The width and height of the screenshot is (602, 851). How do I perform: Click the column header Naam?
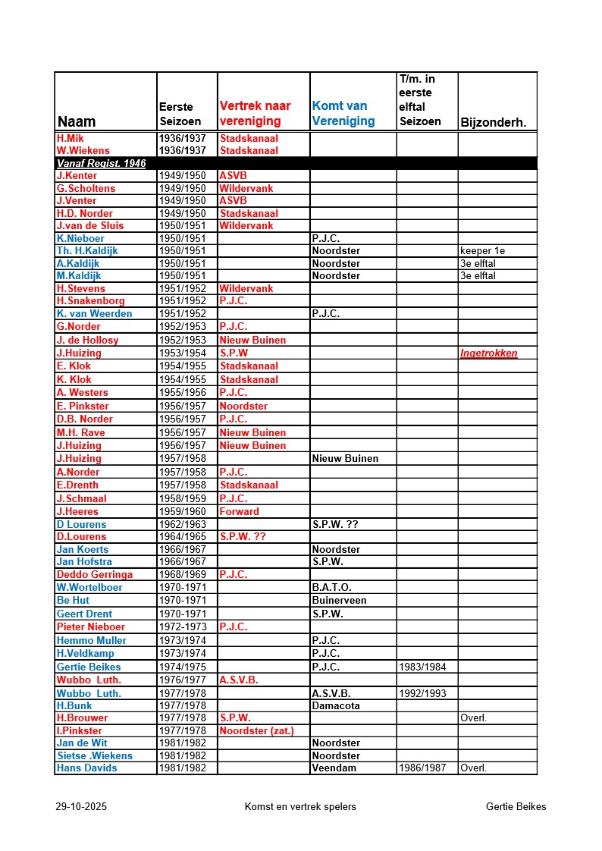(x=77, y=121)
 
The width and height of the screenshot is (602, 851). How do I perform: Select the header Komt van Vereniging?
(x=343, y=114)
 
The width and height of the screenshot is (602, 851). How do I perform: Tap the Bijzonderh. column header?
(x=493, y=122)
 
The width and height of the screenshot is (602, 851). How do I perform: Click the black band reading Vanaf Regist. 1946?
(x=102, y=163)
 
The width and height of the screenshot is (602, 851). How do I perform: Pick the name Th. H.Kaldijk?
(x=87, y=250)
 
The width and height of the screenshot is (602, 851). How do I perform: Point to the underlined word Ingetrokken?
(x=489, y=353)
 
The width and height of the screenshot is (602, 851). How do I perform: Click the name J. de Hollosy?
(x=88, y=341)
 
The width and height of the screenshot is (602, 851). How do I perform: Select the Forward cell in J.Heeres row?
(x=240, y=511)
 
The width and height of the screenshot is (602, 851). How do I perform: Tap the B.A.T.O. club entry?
(x=332, y=587)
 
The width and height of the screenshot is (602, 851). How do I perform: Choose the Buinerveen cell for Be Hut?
(x=339, y=600)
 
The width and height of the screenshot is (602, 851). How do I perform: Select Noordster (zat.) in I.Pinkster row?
(x=256, y=730)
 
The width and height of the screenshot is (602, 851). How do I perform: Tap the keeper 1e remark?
(x=483, y=250)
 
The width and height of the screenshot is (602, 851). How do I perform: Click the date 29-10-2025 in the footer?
(x=81, y=806)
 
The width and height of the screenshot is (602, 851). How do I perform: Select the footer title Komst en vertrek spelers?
(x=300, y=806)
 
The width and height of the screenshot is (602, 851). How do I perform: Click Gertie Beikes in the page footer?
(x=516, y=806)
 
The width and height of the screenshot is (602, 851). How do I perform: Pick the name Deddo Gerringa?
(x=95, y=574)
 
